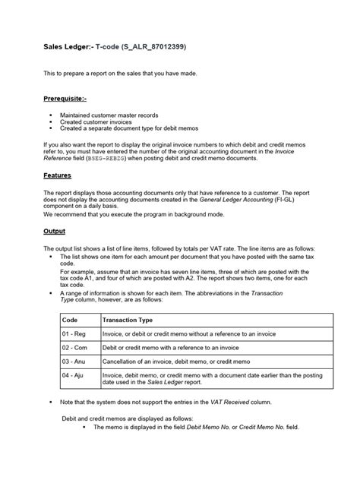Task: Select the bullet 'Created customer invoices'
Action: [97, 122]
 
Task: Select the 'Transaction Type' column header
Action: [128, 321]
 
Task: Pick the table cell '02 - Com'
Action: [75, 348]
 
